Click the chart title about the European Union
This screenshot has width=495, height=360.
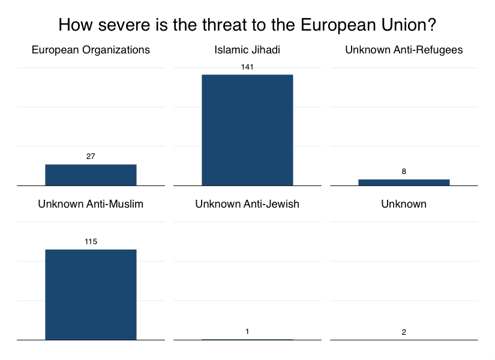click(247, 25)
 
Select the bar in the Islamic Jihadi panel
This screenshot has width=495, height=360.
click(247, 130)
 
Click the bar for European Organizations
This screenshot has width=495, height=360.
click(91, 175)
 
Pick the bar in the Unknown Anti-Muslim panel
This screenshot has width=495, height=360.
click(91, 295)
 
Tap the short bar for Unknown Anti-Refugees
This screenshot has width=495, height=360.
click(404, 182)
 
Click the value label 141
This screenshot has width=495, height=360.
click(247, 67)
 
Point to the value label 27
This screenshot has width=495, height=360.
click(91, 157)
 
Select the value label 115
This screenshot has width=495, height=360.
click(91, 242)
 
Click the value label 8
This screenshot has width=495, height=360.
click(404, 172)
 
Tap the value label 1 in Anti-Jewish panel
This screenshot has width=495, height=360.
click(247, 332)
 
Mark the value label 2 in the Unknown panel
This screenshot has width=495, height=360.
click(404, 332)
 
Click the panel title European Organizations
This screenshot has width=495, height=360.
click(91, 50)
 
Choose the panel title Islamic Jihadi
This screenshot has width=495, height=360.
click(247, 50)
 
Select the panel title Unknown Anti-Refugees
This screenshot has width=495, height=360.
click(404, 50)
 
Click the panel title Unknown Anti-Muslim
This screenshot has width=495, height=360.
click(91, 204)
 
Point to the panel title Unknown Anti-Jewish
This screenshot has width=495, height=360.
click(247, 204)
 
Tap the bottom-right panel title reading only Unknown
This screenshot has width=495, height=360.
click(404, 204)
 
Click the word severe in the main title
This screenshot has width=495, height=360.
click(124, 25)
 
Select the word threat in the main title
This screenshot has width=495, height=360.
click(224, 25)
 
